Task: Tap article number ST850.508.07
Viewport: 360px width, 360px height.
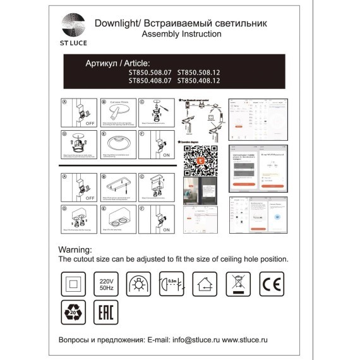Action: [150, 73]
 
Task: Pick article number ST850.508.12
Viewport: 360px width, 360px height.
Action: [198, 73]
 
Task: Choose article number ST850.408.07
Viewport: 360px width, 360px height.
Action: [150, 81]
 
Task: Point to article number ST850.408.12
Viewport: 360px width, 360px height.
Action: [198, 81]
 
